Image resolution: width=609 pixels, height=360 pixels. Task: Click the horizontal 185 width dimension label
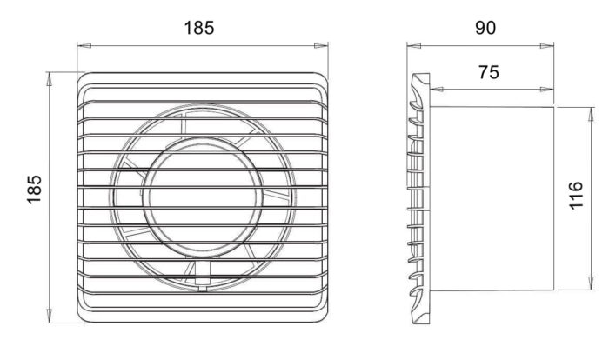pyautogui.click(x=199, y=28)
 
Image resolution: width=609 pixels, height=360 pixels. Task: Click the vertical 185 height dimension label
pyautogui.click(x=34, y=190)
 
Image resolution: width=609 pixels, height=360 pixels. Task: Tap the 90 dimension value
pyautogui.click(x=485, y=28)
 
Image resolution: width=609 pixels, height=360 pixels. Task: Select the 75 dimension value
pyautogui.click(x=489, y=72)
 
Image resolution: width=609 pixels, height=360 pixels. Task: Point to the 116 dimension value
pyautogui.click(x=576, y=196)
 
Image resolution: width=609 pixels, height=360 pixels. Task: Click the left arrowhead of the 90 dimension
pyautogui.click(x=414, y=46)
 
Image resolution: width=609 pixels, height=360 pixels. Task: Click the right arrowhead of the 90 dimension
pyautogui.click(x=547, y=46)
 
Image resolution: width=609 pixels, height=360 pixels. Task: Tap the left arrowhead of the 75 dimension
pyautogui.click(x=437, y=90)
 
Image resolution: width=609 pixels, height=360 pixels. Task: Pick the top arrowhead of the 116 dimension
pyautogui.click(x=591, y=114)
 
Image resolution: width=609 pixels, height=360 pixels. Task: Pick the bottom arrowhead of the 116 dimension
pyautogui.click(x=591, y=283)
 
